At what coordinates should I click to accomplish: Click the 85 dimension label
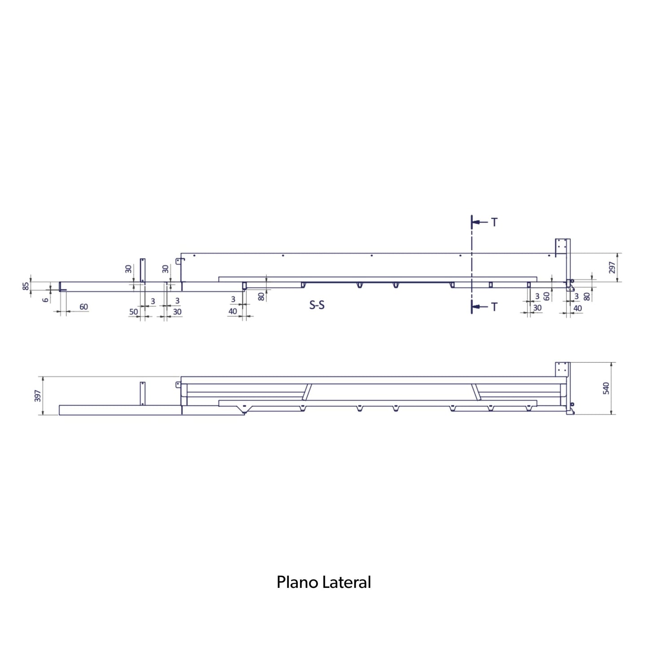click(x=26, y=287)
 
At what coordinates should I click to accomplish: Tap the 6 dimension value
click(x=46, y=300)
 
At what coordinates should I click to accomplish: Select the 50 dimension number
click(x=134, y=312)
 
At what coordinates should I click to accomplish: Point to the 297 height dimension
click(x=612, y=268)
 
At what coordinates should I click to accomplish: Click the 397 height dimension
click(x=38, y=396)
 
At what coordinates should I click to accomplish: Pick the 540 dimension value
click(x=606, y=388)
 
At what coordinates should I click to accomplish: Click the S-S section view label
click(x=317, y=305)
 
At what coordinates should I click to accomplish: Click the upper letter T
click(x=494, y=222)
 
